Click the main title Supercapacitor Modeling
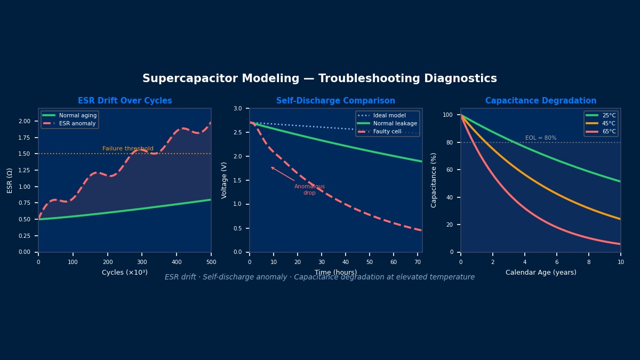319,79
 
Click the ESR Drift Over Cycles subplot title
125,101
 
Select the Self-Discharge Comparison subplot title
335,101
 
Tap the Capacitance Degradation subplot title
541,101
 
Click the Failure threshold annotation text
128,149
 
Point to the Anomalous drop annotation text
309,189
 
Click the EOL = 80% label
541,138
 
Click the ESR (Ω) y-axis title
10,180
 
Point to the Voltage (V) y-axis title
225,180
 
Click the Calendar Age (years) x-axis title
541,273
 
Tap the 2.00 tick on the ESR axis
25,121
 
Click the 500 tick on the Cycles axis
211,262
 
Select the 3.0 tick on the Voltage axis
237,108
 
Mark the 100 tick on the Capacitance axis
447,115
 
